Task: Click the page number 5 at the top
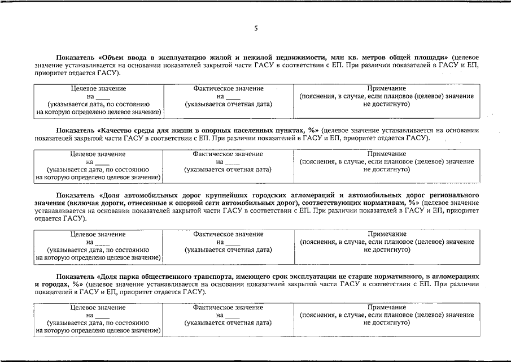[256, 28]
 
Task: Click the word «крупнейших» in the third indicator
[216, 195]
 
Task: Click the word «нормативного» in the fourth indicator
[388, 276]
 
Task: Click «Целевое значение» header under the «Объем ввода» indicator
[98, 89]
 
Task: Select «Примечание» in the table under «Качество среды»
[386, 154]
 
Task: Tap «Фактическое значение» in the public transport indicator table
[228, 308]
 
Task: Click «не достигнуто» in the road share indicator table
[386, 249]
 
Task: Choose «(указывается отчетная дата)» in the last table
[228, 322]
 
